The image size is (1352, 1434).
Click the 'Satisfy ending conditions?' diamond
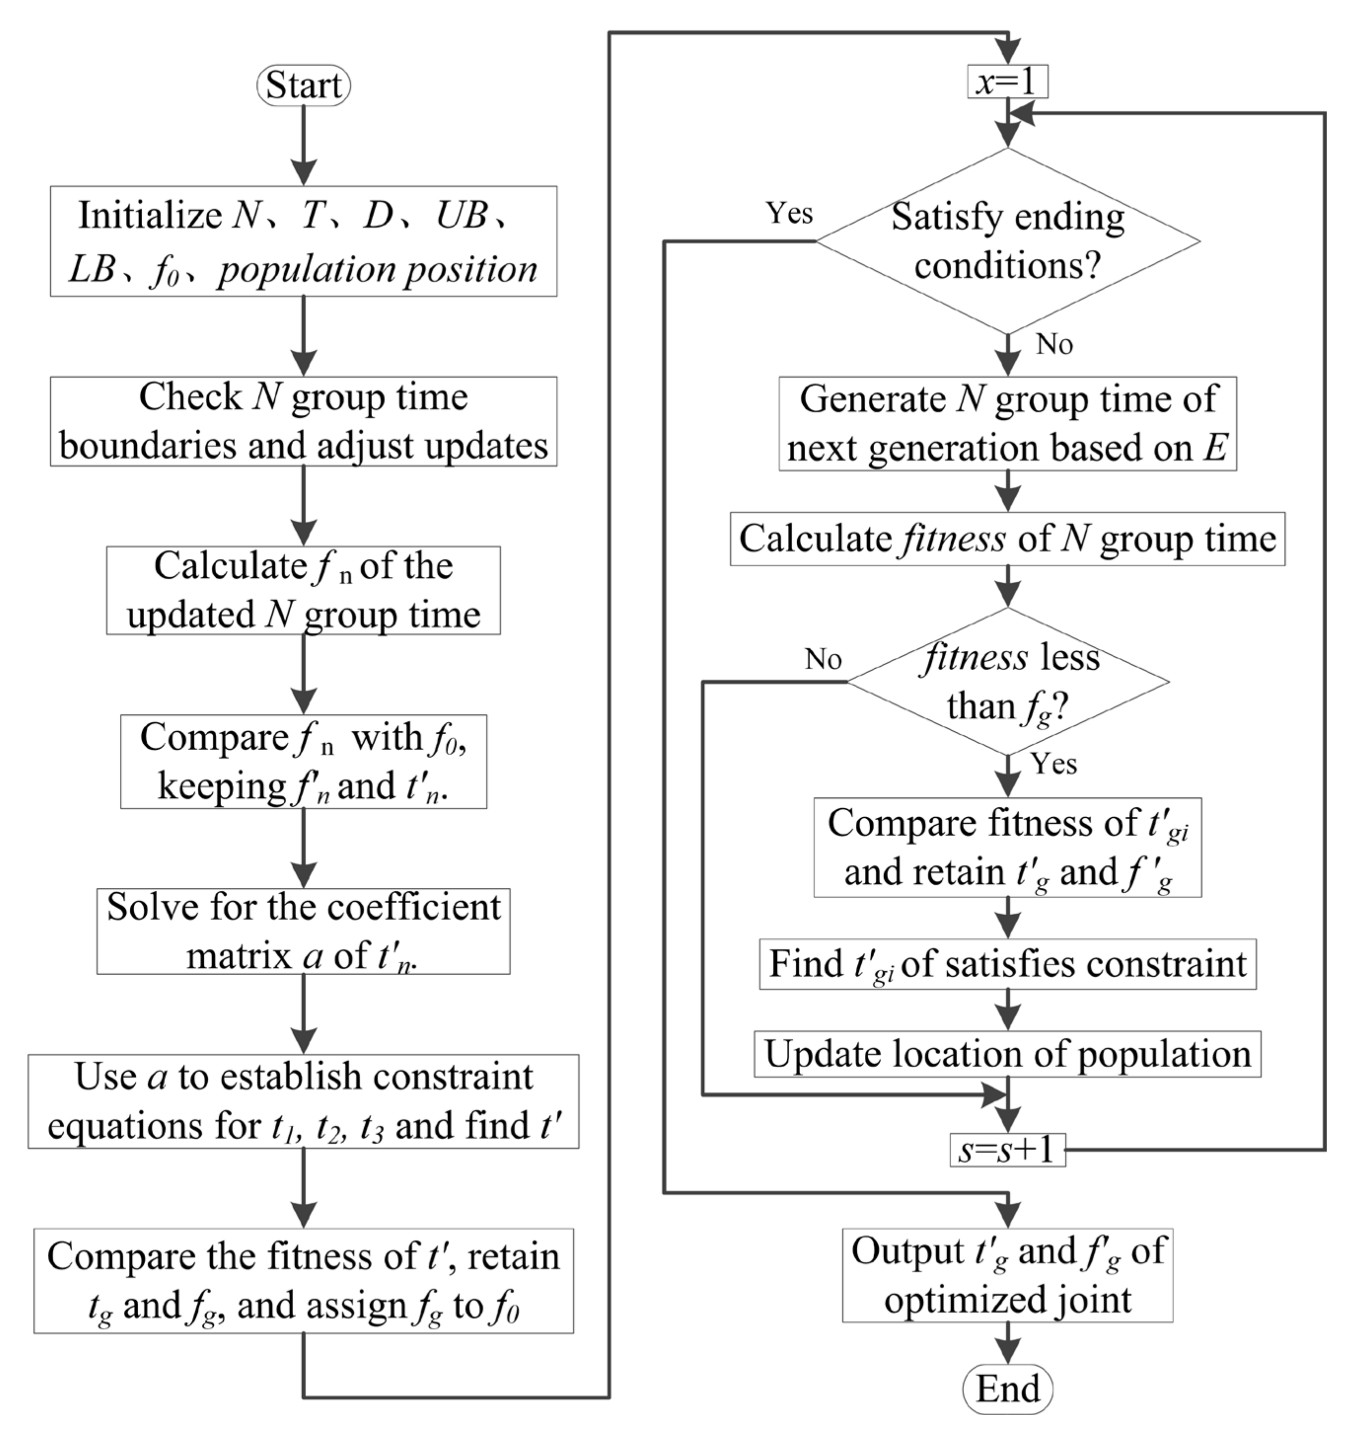point(1007,241)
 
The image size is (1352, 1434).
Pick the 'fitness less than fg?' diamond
point(1007,681)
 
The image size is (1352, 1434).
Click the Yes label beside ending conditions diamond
point(790,213)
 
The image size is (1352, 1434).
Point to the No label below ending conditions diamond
point(1054,345)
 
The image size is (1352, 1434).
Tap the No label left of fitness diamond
point(823,659)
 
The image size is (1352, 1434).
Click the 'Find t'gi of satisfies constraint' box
point(1007,964)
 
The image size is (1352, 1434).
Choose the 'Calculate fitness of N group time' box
point(1007,539)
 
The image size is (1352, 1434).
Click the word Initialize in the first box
point(150,215)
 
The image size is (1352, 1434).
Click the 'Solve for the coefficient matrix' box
point(304,931)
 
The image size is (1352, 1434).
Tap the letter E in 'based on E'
point(1215,448)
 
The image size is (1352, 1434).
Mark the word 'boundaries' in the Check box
point(148,446)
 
